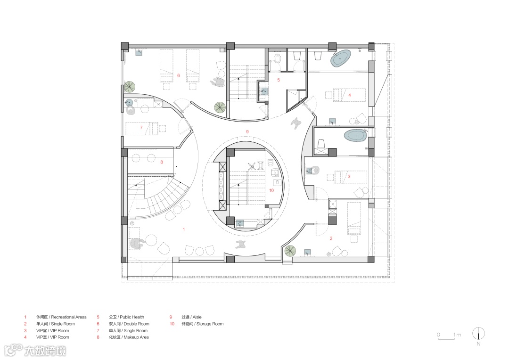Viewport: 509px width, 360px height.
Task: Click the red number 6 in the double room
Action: tap(178, 75)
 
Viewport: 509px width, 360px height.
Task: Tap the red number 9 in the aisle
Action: tap(247, 131)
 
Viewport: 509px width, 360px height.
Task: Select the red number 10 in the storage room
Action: tap(271, 190)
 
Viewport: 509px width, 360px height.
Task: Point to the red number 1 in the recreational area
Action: tap(184, 229)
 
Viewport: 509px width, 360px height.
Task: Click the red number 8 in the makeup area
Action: tap(162, 162)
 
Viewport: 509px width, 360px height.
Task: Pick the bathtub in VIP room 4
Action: tap(341, 58)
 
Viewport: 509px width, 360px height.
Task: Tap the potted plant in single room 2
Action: tap(290, 251)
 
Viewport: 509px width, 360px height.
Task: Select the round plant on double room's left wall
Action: tap(130, 87)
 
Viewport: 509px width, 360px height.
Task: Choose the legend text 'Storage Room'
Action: tap(210, 324)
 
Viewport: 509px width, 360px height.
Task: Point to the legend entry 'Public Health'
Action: tap(132, 317)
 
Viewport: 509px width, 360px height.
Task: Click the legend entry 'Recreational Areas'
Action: tap(69, 317)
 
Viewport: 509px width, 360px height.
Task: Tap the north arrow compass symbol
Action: tap(478, 334)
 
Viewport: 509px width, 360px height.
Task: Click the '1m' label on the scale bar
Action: tap(457, 335)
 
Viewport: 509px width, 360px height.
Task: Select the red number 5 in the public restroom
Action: tap(278, 80)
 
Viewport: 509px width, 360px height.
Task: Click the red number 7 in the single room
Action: tap(141, 127)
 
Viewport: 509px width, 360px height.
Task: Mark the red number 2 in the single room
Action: tap(331, 238)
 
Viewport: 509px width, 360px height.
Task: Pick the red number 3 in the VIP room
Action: tap(349, 177)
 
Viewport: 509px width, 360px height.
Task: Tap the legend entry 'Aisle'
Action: tap(197, 317)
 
